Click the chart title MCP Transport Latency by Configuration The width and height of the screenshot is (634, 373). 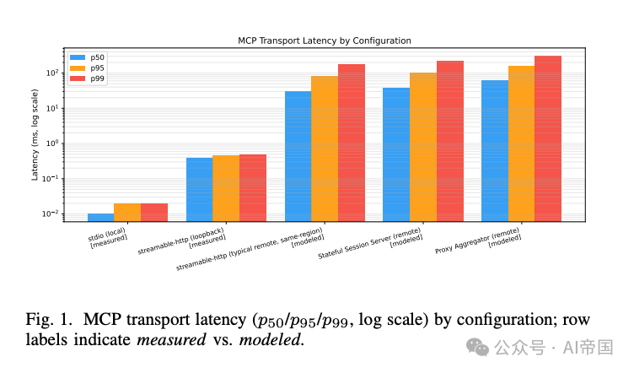[325, 41]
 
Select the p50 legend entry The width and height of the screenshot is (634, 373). [87, 57]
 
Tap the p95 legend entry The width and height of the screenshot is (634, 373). [87, 68]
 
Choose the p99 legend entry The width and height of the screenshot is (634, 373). [87, 78]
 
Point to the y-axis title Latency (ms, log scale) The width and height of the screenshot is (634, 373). [35, 135]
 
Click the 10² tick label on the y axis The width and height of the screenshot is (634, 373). [52, 73]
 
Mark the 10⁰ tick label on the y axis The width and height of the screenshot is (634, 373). [52, 143]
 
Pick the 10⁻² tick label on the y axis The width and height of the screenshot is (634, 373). [51, 214]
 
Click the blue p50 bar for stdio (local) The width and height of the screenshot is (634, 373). [100, 217]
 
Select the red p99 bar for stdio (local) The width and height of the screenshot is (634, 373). [154, 213]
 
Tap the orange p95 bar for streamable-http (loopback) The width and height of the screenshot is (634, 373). [226, 188]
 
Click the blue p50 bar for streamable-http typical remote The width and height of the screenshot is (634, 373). [298, 156]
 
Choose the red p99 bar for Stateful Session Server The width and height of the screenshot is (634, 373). [450, 141]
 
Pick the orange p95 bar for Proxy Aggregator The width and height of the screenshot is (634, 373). [522, 143]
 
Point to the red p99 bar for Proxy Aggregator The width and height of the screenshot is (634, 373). [548, 138]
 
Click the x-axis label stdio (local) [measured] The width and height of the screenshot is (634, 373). [108, 237]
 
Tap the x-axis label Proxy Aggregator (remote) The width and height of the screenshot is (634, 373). [477, 241]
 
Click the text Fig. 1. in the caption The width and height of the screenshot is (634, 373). [49, 320]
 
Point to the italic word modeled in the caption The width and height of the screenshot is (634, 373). [270, 340]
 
